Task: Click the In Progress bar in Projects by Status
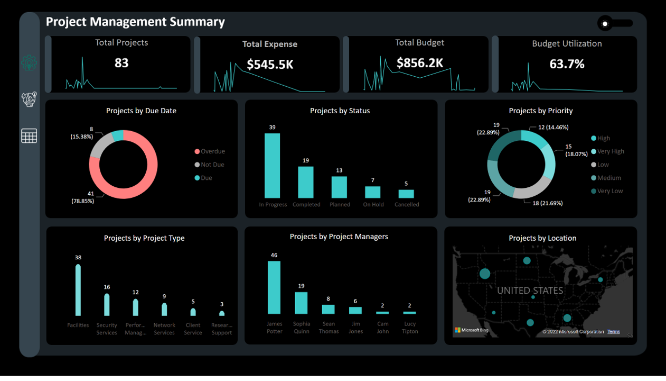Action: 272,166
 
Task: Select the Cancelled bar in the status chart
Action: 406,194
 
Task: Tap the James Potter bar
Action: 274,287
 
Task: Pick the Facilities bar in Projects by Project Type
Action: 78,290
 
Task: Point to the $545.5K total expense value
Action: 270,65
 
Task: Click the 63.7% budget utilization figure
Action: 567,64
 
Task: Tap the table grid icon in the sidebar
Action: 29,136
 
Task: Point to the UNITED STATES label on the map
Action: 530,291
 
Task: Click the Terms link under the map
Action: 613,332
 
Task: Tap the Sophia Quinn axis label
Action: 301,328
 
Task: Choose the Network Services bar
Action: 164,309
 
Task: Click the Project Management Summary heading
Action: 135,22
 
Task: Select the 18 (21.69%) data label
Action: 547,203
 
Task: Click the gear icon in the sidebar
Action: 29,63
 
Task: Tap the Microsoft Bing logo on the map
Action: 472,330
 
